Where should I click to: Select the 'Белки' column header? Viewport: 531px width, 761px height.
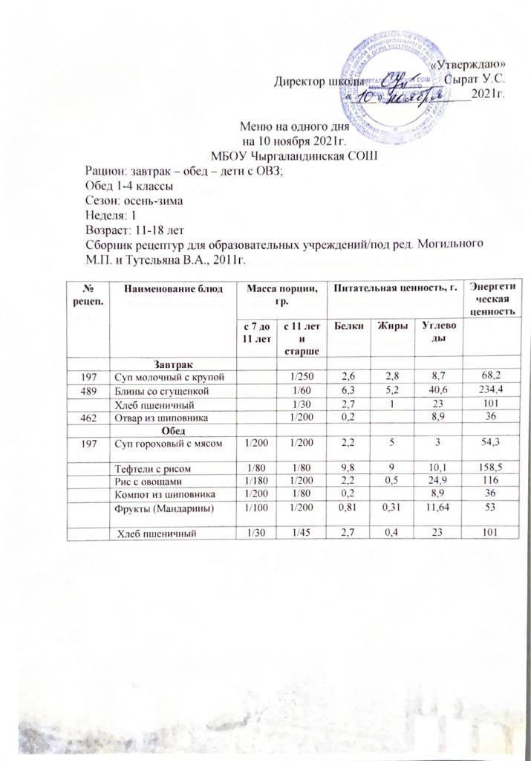(347, 326)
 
